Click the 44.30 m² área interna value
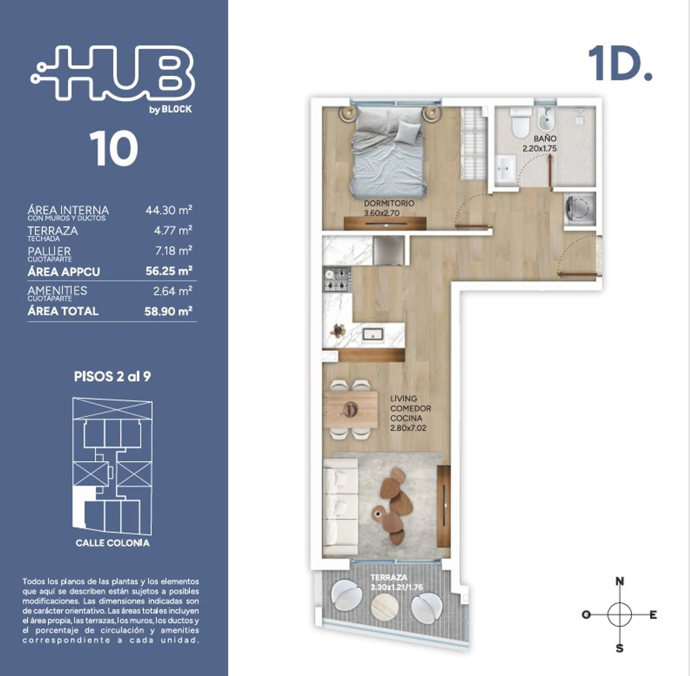click(169, 210)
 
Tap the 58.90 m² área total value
click(168, 311)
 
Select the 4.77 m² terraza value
click(173, 230)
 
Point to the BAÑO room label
click(545, 139)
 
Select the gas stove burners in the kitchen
click(337, 279)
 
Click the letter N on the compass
click(620, 581)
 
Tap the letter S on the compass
click(620, 649)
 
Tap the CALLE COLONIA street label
click(112, 543)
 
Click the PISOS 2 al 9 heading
click(112, 377)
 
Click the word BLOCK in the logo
click(176, 109)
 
